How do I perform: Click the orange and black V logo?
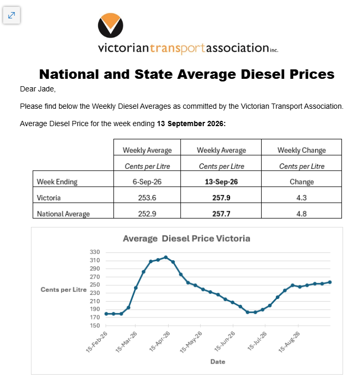110,25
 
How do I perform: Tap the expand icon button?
12,15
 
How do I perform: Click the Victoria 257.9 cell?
221,198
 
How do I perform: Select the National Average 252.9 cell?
147,213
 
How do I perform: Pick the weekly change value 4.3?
302,198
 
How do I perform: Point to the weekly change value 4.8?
302,213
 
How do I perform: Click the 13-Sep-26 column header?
221,181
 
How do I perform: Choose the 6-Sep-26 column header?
147,181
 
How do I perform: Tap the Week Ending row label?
57,182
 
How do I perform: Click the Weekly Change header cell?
302,150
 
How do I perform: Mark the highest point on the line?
165,257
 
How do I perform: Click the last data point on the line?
330,282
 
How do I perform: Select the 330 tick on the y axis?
95,252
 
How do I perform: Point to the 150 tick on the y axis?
95,325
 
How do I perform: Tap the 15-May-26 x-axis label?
191,342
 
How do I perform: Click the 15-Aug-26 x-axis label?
289,342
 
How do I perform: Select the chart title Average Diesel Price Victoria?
186,239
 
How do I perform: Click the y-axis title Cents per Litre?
64,290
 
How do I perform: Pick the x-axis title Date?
217,362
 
